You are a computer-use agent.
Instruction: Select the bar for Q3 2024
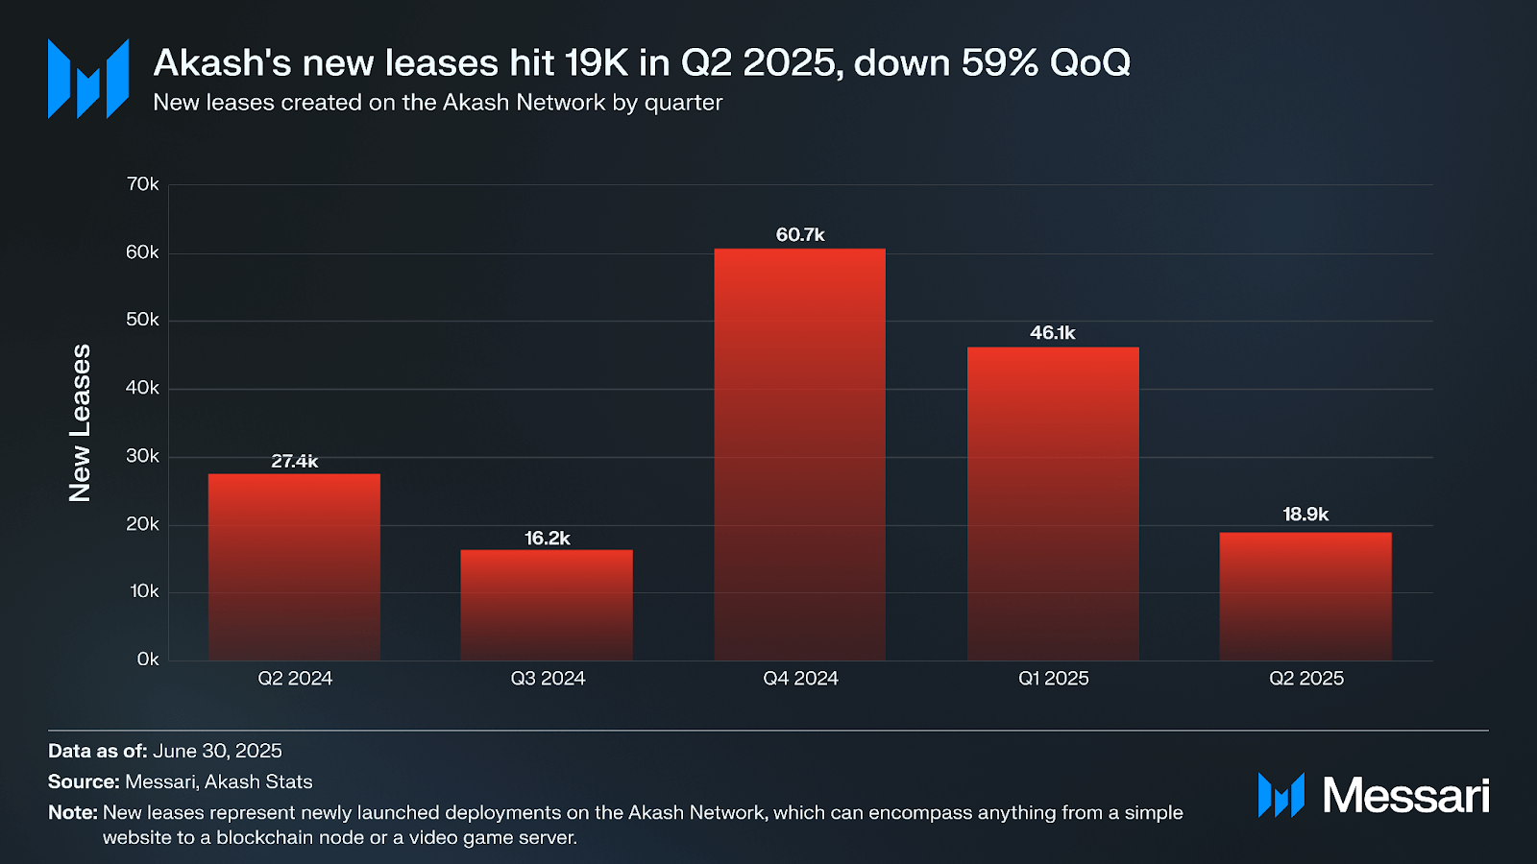547,605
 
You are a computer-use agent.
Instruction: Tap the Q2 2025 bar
1305,596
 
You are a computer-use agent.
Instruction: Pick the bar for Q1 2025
1053,503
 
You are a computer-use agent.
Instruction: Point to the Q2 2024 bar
294,566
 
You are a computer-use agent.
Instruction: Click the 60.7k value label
800,235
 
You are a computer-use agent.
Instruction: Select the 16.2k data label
548,539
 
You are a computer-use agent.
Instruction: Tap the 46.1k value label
1053,333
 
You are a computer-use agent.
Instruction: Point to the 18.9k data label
1305,515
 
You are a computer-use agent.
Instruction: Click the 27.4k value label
294,462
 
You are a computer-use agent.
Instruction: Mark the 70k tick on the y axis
143,184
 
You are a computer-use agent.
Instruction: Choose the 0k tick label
148,660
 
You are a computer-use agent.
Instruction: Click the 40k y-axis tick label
143,388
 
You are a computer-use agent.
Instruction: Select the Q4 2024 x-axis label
800,679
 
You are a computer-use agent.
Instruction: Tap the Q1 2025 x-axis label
1054,679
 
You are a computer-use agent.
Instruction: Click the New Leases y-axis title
81,422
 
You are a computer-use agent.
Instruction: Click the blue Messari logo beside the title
88,79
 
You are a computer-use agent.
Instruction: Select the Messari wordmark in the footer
1405,796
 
